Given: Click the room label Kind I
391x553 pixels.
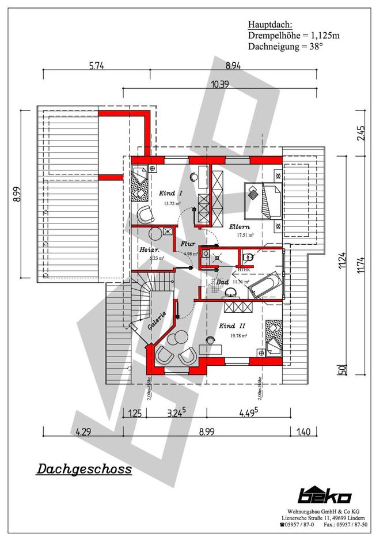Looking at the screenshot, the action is [x=171, y=194].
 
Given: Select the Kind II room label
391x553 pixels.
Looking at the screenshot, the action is [x=233, y=326].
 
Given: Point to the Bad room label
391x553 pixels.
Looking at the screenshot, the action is [x=223, y=282].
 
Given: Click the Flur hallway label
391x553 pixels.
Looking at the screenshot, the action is [x=188, y=244].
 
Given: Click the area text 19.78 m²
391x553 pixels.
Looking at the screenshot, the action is [x=237, y=335].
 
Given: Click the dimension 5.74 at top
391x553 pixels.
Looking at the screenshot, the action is [x=97, y=66].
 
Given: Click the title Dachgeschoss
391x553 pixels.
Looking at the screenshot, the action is [x=84, y=469].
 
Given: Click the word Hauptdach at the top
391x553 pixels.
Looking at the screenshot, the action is [x=270, y=25].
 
